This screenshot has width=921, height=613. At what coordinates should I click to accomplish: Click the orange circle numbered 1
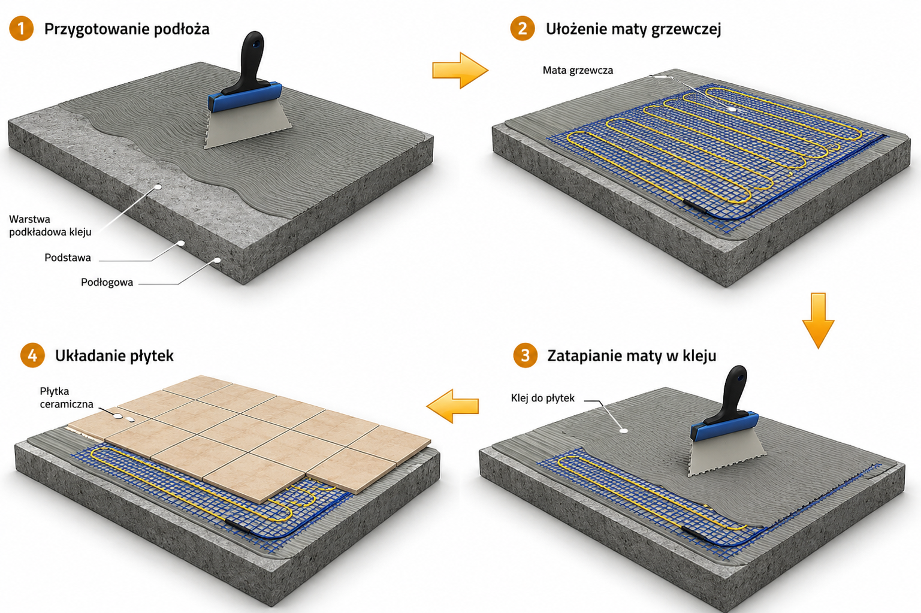(x=21, y=28)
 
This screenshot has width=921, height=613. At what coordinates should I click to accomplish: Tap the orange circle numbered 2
(x=522, y=28)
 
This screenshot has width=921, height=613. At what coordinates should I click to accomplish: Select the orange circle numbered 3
(x=525, y=355)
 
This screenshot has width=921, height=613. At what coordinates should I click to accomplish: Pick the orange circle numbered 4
(x=32, y=355)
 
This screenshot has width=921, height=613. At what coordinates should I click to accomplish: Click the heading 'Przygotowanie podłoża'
(x=126, y=29)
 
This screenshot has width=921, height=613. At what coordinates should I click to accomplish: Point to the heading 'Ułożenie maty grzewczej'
(x=633, y=29)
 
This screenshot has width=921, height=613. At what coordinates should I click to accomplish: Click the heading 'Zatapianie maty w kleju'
(x=632, y=355)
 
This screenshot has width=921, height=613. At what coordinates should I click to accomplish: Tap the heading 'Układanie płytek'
(x=114, y=356)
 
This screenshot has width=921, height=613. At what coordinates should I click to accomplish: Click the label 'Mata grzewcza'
(x=578, y=70)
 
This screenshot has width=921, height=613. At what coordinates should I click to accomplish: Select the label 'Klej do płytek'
(x=543, y=398)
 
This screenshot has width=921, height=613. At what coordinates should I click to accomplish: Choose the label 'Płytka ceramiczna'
(x=67, y=397)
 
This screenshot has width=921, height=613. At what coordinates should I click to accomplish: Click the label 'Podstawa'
(x=68, y=258)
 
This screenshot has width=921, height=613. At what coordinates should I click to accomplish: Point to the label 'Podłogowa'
(x=107, y=282)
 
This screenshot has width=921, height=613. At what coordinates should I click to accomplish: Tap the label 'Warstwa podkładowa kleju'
(x=50, y=226)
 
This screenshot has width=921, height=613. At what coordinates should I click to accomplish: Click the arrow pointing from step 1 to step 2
(x=460, y=70)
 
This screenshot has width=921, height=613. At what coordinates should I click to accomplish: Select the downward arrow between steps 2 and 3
(x=818, y=321)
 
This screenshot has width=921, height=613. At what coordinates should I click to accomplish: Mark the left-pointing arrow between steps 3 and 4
(x=452, y=406)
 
